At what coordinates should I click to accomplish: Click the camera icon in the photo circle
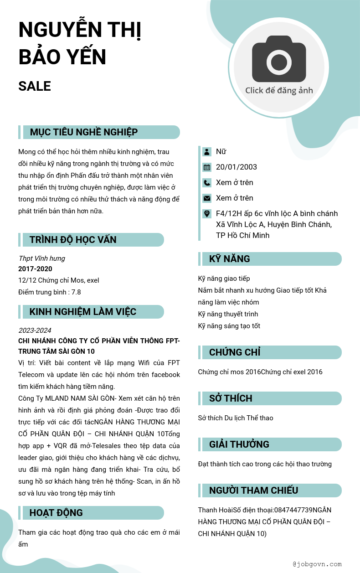tap(279, 59)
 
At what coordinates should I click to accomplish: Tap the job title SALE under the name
tap(35, 86)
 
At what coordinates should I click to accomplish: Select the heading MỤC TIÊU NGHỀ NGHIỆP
tap(84, 132)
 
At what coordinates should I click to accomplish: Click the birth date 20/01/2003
tap(237, 167)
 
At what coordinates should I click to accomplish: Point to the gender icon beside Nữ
tap(207, 151)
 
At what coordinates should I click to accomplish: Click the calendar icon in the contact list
tap(207, 167)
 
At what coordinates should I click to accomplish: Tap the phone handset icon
tap(207, 182)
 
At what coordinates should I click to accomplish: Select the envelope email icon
tap(207, 198)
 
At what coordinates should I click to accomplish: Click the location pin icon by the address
tap(207, 213)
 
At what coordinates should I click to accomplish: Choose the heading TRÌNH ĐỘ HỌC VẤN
tap(73, 240)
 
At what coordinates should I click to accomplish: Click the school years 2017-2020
tap(35, 269)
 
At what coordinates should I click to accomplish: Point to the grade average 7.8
tap(76, 292)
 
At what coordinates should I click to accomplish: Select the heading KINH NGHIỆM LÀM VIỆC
tap(83, 312)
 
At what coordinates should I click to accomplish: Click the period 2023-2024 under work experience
tap(35, 330)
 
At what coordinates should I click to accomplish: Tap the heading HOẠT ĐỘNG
tap(56, 513)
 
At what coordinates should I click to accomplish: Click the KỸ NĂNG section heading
tap(230, 259)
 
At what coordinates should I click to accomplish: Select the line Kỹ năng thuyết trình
tap(228, 314)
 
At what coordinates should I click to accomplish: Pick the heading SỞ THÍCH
tap(231, 398)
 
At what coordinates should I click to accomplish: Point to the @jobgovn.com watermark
tap(317, 564)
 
